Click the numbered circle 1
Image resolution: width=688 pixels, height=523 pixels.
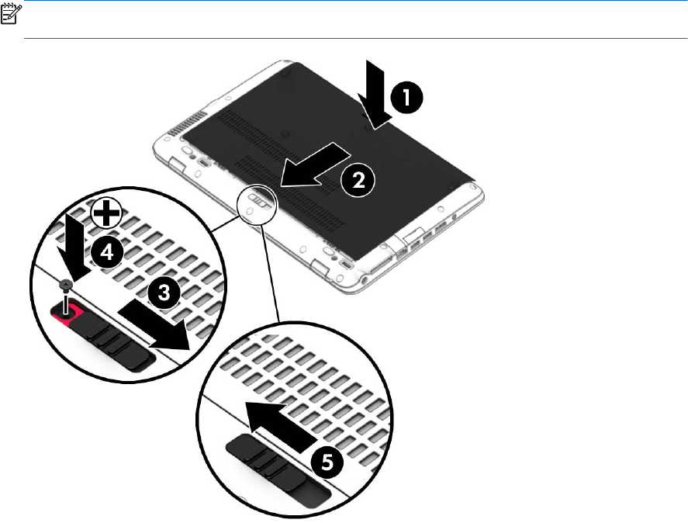[x=406, y=97]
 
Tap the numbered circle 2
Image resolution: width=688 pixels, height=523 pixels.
[x=358, y=180]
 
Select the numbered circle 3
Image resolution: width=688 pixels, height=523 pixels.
[x=164, y=293]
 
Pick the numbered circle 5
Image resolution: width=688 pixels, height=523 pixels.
[x=327, y=462]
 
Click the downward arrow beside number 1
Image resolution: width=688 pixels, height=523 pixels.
[x=375, y=95]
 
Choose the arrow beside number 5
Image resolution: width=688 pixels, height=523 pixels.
[x=281, y=425]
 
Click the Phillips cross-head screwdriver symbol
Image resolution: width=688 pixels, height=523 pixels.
[x=106, y=213]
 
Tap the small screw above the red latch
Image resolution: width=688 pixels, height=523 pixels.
[x=66, y=286]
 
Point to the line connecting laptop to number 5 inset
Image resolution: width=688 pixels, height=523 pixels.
[x=270, y=273]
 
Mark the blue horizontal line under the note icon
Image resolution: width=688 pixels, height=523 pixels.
[x=355, y=39]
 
